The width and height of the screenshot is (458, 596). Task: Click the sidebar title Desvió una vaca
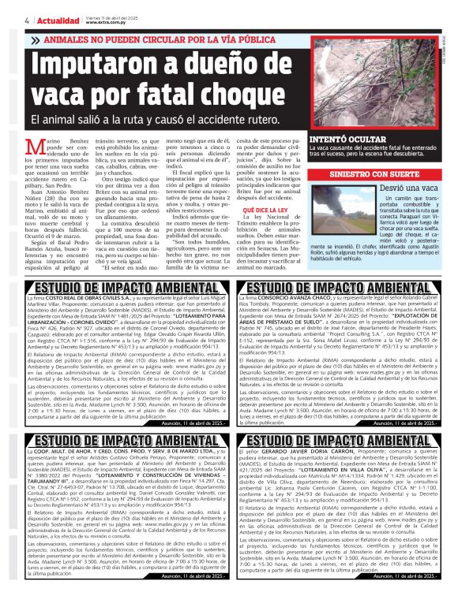pos(407,188)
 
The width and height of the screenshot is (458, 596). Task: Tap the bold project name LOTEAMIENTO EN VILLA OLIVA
pos(340,470)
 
